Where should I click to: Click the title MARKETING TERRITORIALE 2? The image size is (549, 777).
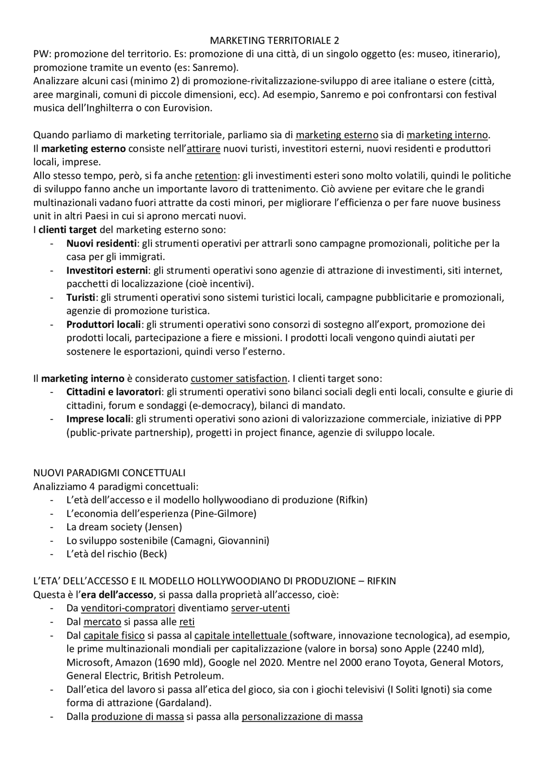pyautogui.click(x=274, y=40)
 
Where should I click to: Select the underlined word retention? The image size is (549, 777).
pyautogui.click(x=216, y=175)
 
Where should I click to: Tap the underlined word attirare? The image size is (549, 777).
pyautogui.click(x=204, y=148)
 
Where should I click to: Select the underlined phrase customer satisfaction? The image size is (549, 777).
pyautogui.click(x=239, y=378)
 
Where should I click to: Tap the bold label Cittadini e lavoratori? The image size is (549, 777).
pyautogui.click(x=114, y=392)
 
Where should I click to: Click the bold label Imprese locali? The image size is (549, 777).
pyautogui.click(x=98, y=419)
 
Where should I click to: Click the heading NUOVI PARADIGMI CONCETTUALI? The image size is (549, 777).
pyautogui.click(x=109, y=473)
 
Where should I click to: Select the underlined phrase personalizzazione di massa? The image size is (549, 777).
pyautogui.click(x=302, y=716)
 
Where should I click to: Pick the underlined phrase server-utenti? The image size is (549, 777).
pyautogui.click(x=260, y=608)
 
